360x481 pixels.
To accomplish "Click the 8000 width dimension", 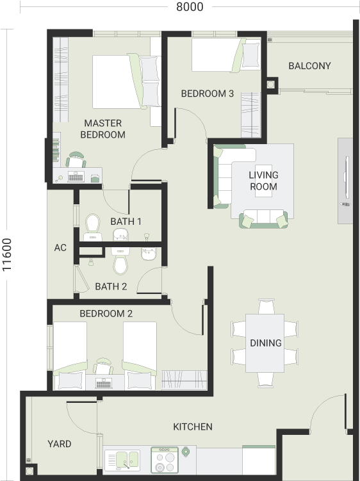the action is tap(190, 7).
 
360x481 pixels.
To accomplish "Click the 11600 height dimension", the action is tap(7, 255).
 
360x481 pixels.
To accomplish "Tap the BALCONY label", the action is tap(309, 65).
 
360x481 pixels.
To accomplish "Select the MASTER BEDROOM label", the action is tap(103, 129).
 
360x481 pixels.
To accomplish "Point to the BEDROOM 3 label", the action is tap(207, 94).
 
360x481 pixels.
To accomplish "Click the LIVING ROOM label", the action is tap(264, 181).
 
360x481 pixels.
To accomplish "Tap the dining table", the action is tap(265, 343).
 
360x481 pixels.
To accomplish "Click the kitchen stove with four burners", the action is tap(165, 460).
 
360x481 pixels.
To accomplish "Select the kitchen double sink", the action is tap(122, 460).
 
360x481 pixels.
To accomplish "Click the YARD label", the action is tap(59, 444).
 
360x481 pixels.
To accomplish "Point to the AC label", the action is tap(60, 248).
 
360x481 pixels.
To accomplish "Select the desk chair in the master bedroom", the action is tap(76, 159).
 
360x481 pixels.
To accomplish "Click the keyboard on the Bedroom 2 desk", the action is tap(104, 383).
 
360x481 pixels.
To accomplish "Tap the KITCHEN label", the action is tap(193, 427).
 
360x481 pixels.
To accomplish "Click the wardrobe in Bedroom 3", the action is tap(250, 115).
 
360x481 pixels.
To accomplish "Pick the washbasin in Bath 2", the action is tap(149, 254).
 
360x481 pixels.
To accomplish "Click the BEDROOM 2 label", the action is tap(106, 313).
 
